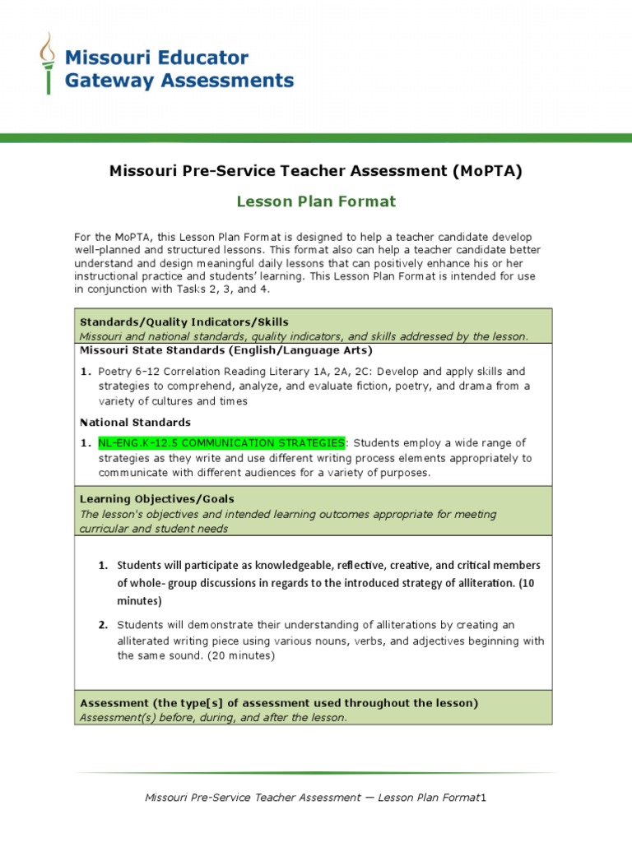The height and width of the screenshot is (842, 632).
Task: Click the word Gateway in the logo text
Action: [105, 80]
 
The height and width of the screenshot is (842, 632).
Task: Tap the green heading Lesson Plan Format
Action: [316, 201]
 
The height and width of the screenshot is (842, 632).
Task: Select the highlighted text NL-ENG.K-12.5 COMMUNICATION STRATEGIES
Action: [221, 443]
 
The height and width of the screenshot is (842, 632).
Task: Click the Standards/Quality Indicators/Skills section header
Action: [184, 322]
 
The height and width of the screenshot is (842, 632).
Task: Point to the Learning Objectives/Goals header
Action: [156, 499]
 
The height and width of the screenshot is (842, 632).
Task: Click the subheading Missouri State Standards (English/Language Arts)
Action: [225, 350]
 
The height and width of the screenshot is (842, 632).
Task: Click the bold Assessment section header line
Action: [279, 703]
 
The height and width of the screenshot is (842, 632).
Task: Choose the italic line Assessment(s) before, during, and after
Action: [213, 717]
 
